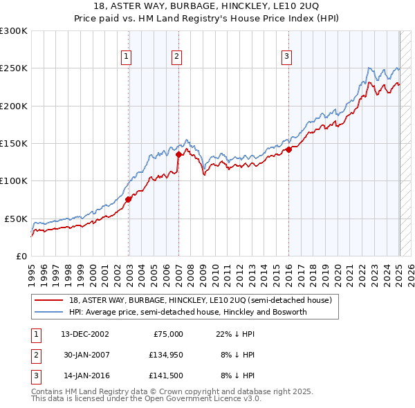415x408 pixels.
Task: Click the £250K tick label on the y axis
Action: pos(14,68)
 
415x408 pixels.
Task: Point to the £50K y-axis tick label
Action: pos(16,219)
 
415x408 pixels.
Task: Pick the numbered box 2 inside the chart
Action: pos(177,57)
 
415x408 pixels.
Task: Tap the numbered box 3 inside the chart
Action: pos(286,57)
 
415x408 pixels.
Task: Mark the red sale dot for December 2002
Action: pos(129,199)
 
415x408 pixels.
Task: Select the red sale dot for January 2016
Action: pos(288,149)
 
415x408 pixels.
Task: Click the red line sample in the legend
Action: pos(50,301)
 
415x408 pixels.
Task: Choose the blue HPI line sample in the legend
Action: pos(50,313)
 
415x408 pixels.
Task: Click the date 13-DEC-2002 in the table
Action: pos(85,334)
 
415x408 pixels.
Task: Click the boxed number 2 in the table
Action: pos(36,355)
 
